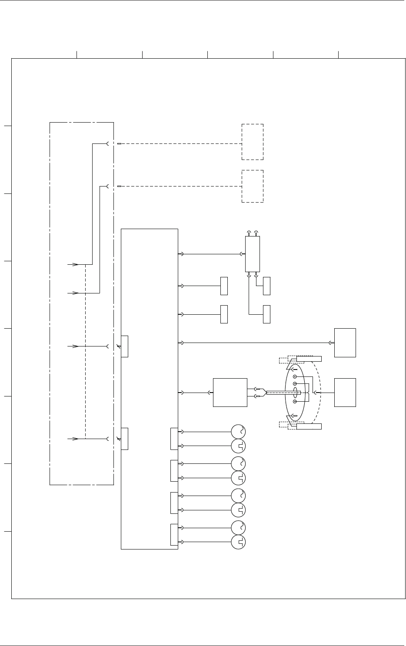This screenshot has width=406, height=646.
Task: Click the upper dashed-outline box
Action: pyautogui.click(x=253, y=142)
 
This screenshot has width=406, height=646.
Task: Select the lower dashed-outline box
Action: pyautogui.click(x=253, y=186)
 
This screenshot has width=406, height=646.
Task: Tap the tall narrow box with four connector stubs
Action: pyautogui.click(x=252, y=254)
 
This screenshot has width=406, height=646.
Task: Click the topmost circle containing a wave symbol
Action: pyautogui.click(x=238, y=432)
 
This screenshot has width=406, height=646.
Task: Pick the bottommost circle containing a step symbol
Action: pyautogui.click(x=238, y=542)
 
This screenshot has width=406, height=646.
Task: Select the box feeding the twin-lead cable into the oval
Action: pyautogui.click(x=230, y=393)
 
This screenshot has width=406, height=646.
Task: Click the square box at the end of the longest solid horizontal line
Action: pyautogui.click(x=345, y=343)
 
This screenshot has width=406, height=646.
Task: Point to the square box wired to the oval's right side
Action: pyautogui.click(x=345, y=393)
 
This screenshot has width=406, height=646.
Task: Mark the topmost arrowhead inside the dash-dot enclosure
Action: pyautogui.click(x=75, y=264)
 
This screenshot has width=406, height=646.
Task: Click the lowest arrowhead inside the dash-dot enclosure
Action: pyautogui.click(x=75, y=439)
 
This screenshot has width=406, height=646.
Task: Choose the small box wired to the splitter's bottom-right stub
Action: pyautogui.click(x=266, y=286)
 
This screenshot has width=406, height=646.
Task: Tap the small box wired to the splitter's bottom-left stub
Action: pyautogui.click(x=266, y=314)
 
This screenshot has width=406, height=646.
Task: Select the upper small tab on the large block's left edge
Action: pyautogui.click(x=124, y=346)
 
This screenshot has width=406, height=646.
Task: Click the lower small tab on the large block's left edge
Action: pyautogui.click(x=124, y=439)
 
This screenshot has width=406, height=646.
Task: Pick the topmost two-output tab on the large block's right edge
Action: pyautogui.click(x=174, y=439)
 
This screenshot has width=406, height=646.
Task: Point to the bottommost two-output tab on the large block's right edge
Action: pyautogui.click(x=174, y=535)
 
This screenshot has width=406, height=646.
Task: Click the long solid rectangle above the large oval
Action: pyautogui.click(x=309, y=359)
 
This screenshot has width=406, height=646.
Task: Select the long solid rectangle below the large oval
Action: pyautogui.click(x=309, y=426)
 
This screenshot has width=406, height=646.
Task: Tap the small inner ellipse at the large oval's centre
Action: pyautogui.click(x=295, y=393)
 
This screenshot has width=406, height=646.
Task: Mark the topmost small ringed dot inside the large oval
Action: pyautogui.click(x=295, y=376)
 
